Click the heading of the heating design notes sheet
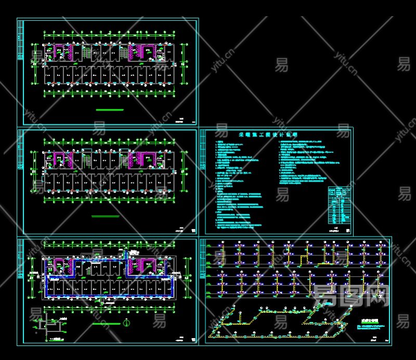pyautogui.click(x=268, y=134)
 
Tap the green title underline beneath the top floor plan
pyautogui.click(x=110, y=110)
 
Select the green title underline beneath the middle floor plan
pyautogui.click(x=105, y=216)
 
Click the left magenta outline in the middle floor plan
pyautogui.click(x=63, y=158)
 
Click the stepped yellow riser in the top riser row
pyautogui.click(x=302, y=256)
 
